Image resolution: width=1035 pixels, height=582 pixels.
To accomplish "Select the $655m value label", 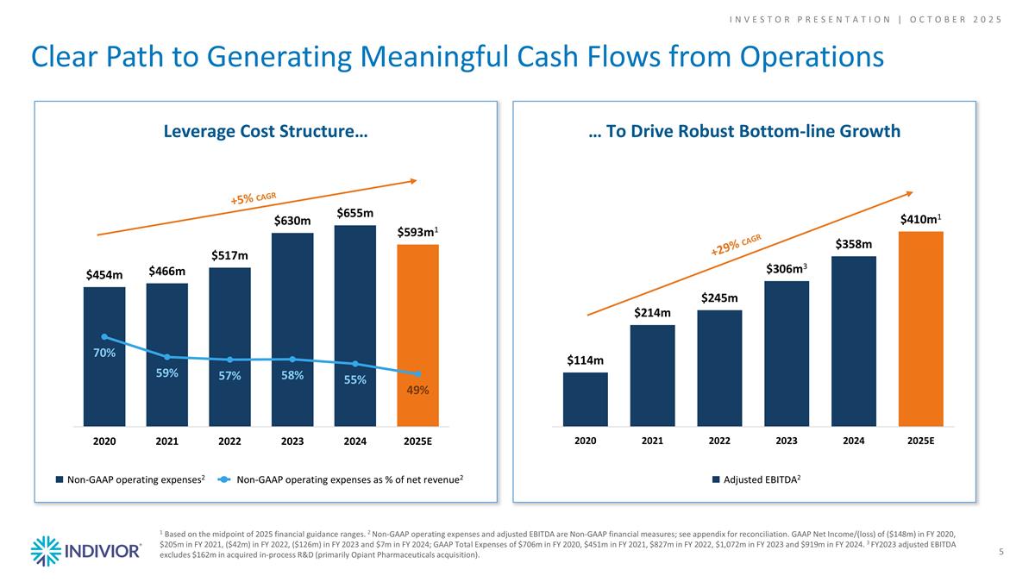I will [x=354, y=212].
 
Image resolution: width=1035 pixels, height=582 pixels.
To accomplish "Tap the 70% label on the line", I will [x=104, y=353].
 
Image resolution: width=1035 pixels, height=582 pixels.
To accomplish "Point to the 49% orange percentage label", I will [x=418, y=391].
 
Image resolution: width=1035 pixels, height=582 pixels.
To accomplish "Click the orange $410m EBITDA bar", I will [x=920, y=328].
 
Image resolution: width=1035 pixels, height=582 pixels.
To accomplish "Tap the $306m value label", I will [x=786, y=269].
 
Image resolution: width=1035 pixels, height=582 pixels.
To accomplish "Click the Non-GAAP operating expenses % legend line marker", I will [x=223, y=479].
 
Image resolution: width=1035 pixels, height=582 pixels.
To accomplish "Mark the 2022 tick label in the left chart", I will [x=229, y=441].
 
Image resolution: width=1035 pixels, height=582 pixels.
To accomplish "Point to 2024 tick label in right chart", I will [x=853, y=441].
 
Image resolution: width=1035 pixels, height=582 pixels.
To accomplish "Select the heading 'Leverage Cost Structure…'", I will [x=266, y=131].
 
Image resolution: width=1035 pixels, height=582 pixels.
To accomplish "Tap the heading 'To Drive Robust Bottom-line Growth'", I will [x=744, y=131].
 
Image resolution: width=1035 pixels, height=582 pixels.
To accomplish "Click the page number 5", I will [x=1000, y=551].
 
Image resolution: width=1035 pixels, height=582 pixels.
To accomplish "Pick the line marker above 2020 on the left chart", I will [x=104, y=336].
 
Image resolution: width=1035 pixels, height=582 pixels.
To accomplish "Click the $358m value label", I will [x=853, y=245].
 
